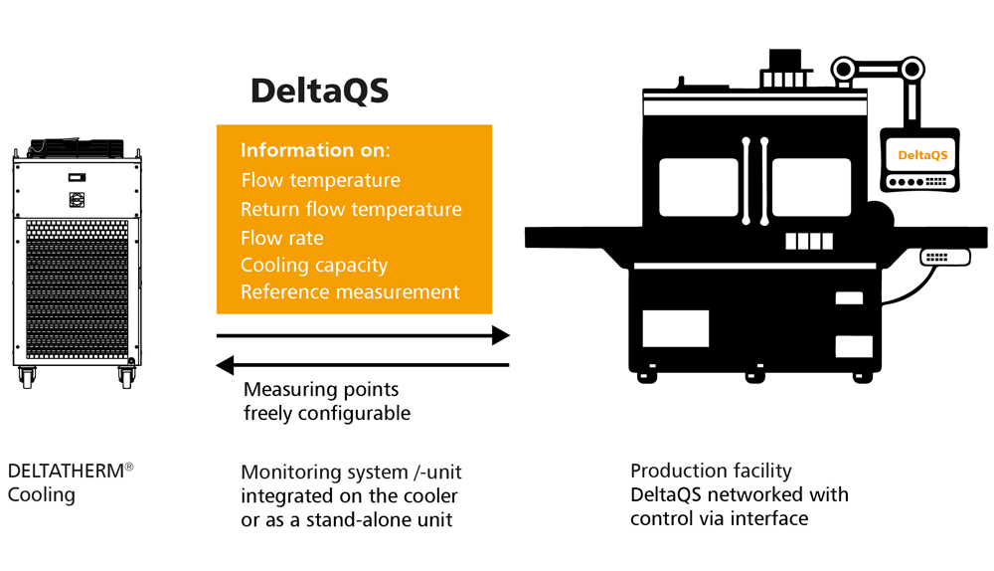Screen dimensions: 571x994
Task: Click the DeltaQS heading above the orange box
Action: tap(319, 91)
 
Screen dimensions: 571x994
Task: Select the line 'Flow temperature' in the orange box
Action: tap(320, 181)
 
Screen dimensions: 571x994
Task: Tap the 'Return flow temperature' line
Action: tap(351, 210)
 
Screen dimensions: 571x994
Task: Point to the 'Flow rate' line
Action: tap(281, 238)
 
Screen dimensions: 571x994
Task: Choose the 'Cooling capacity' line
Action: tap(314, 266)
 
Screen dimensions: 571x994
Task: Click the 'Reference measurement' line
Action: tap(350, 292)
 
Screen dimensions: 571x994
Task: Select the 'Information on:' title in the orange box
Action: tap(315, 151)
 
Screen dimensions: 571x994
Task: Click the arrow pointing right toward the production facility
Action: tap(363, 336)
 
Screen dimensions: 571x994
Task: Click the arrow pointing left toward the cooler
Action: tap(363, 365)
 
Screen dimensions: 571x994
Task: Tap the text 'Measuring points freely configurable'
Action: tap(326, 401)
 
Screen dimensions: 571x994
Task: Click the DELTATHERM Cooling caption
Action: tap(70, 481)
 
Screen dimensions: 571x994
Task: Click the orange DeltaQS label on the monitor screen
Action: tap(922, 155)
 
